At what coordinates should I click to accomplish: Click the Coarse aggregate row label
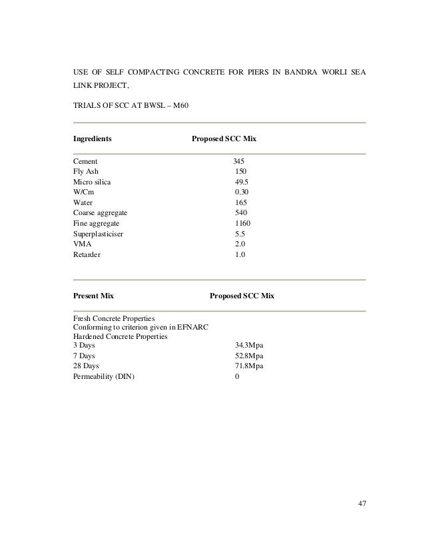point(100,213)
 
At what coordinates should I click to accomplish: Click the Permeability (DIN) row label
point(103,377)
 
